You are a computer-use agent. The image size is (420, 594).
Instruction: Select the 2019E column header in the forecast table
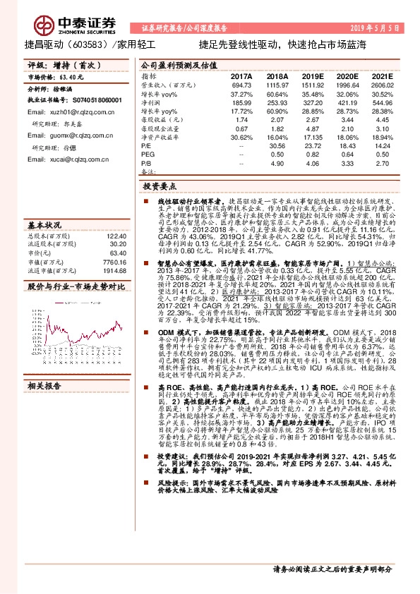pyautogui.click(x=312, y=75)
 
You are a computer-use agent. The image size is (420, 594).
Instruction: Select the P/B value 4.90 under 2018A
pyautogui.click(x=280, y=162)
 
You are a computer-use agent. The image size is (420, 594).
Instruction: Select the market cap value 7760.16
pyautogui.click(x=114, y=261)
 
